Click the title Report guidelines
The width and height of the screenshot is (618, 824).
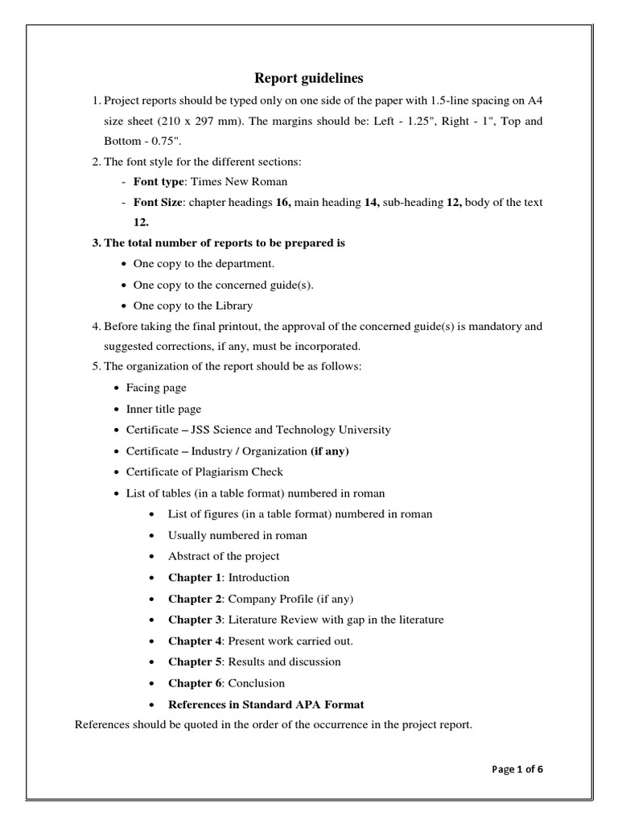(309, 78)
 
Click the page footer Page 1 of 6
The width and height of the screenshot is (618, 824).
(517, 768)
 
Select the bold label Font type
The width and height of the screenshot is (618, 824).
(159, 182)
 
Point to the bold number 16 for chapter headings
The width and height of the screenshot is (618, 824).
(282, 203)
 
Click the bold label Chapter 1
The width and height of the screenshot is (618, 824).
(195, 578)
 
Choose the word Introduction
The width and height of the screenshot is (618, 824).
(259, 578)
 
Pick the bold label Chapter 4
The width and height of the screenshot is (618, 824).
(195, 641)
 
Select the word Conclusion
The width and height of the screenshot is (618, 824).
(257, 683)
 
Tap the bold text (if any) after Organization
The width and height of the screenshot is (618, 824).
(330, 451)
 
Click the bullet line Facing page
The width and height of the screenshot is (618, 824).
(156, 388)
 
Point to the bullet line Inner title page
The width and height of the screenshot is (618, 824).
(164, 409)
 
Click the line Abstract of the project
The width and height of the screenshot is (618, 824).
(224, 556)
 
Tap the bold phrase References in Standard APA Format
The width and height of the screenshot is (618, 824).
(266, 705)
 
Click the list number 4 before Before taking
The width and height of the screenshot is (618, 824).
(96, 327)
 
